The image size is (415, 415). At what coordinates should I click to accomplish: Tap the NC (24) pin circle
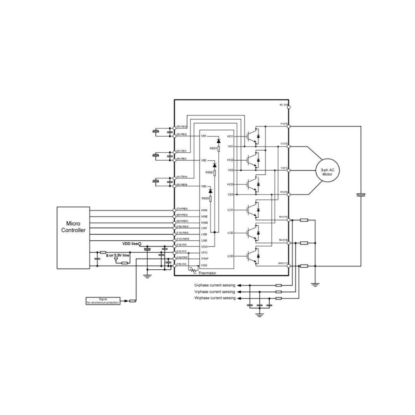(288, 105)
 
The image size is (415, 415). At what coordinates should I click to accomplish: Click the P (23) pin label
(284, 124)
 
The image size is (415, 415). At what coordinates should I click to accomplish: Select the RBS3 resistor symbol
(211, 199)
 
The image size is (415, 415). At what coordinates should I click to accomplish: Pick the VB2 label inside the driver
(204, 160)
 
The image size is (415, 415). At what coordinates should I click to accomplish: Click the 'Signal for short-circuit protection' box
(103, 300)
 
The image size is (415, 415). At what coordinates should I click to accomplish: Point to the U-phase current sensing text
(215, 286)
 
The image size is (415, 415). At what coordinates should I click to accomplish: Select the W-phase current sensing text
(215, 298)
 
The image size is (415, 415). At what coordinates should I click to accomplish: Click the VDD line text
(129, 244)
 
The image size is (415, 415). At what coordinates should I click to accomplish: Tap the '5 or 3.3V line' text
(118, 256)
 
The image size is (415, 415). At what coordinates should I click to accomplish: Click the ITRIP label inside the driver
(204, 258)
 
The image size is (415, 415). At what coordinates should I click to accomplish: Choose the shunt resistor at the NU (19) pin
(304, 220)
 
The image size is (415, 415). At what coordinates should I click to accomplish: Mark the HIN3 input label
(204, 223)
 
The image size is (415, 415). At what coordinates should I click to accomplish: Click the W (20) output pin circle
(288, 193)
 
